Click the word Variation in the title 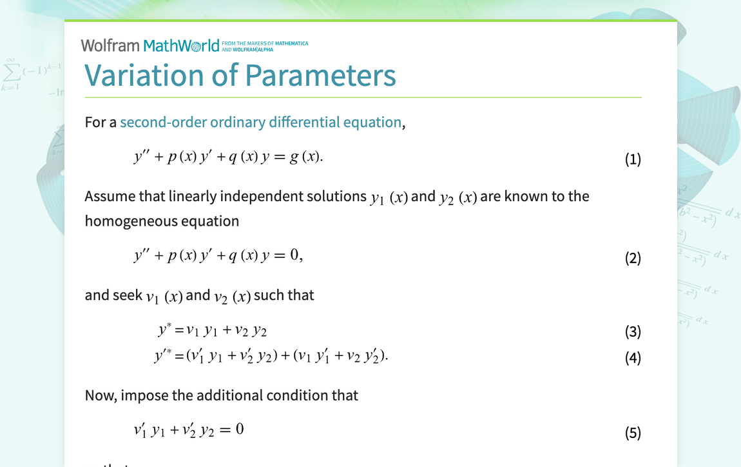point(144,75)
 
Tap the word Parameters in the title point(320,75)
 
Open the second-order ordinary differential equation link point(261,122)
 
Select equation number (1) point(633,159)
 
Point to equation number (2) point(633,258)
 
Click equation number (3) point(633,331)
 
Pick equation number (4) point(633,357)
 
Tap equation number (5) point(633,432)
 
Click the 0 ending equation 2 point(294,255)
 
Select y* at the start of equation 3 point(164,330)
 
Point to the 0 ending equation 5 point(240,429)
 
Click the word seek point(128,295)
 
